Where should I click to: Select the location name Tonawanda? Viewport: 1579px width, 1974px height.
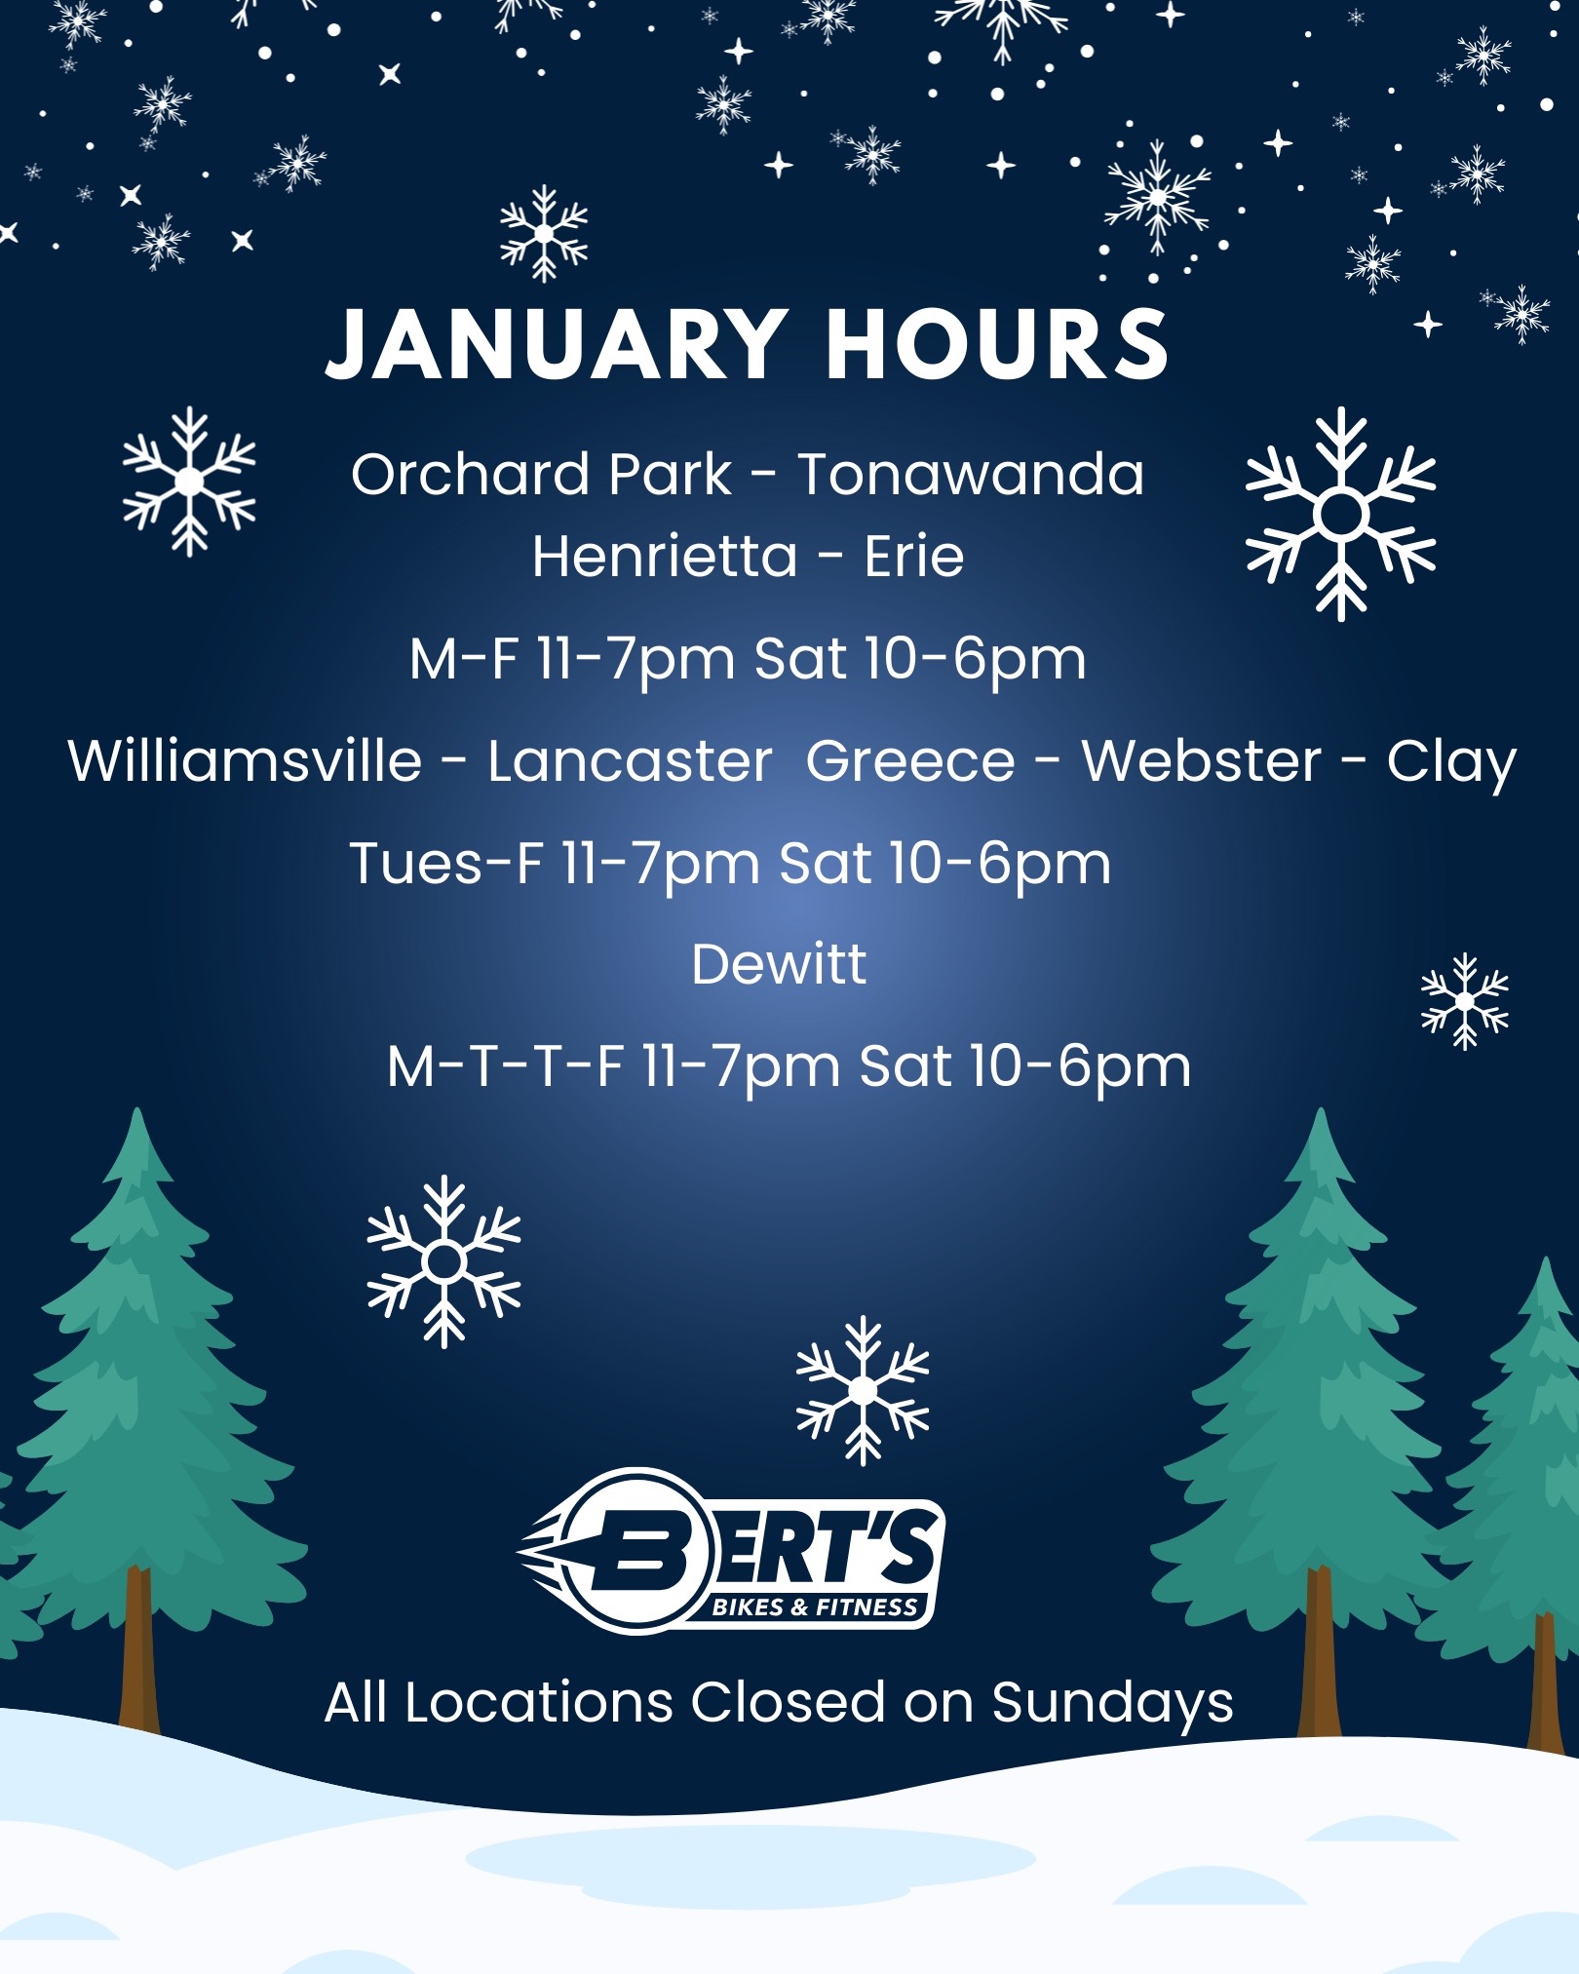pyautogui.click(x=971, y=475)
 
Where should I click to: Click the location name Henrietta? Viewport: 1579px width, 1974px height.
pyautogui.click(x=665, y=557)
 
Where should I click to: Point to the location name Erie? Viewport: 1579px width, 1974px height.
pyautogui.click(x=914, y=557)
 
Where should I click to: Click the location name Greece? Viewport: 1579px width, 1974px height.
pyautogui.click(x=910, y=761)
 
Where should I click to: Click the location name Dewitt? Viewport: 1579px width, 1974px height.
pyautogui.click(x=779, y=964)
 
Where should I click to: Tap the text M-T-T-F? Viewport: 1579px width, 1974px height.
pyautogui.click(x=505, y=1065)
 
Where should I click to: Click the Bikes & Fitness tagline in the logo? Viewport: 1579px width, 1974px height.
pyautogui.click(x=815, y=1607)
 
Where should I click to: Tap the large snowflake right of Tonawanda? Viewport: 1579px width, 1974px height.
pyautogui.click(x=1341, y=514)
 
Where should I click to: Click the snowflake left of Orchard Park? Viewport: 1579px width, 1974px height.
pyautogui.click(x=189, y=482)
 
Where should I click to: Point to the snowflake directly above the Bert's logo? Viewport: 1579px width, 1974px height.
pyautogui.click(x=863, y=1390)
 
